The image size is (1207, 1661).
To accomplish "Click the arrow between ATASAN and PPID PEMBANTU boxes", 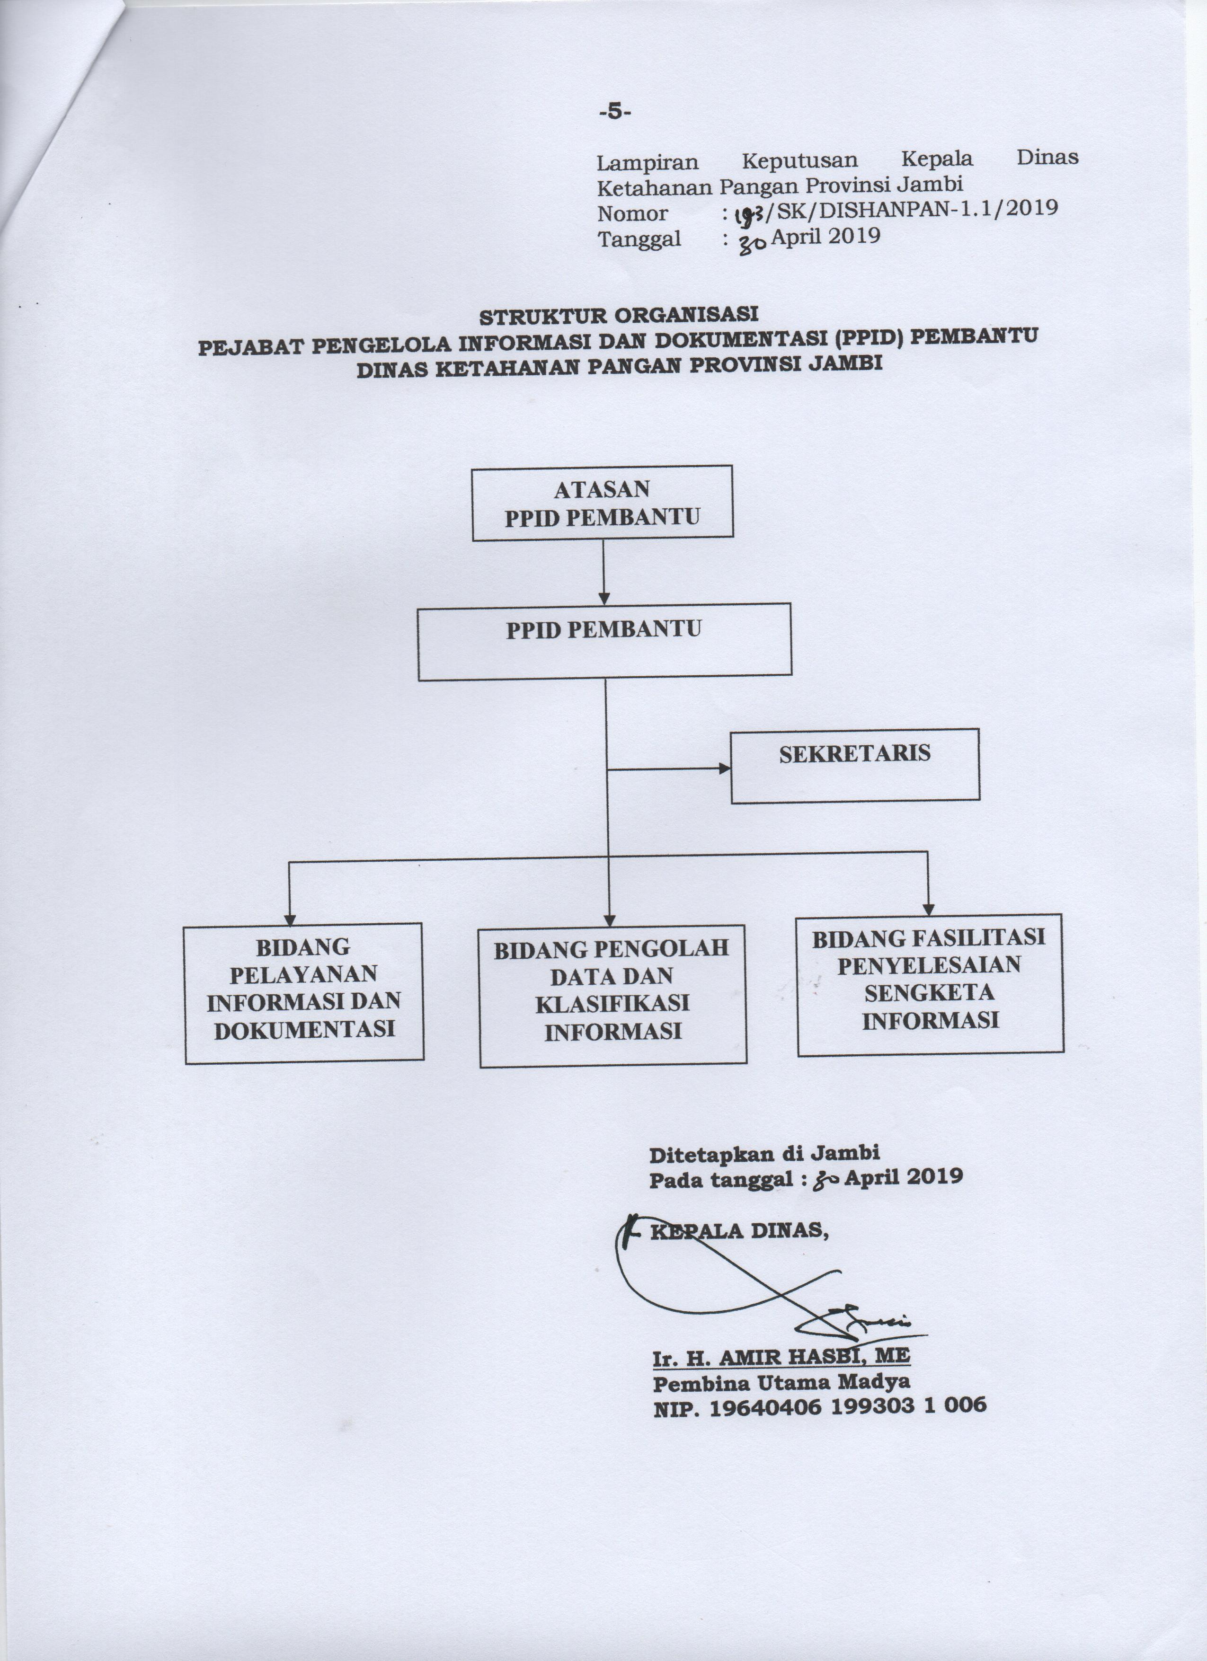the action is (603, 572).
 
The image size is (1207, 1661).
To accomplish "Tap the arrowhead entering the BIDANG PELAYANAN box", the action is (290, 918).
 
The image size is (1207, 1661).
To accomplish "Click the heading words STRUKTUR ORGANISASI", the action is (619, 316).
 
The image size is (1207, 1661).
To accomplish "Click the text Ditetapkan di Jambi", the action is (764, 1154).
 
